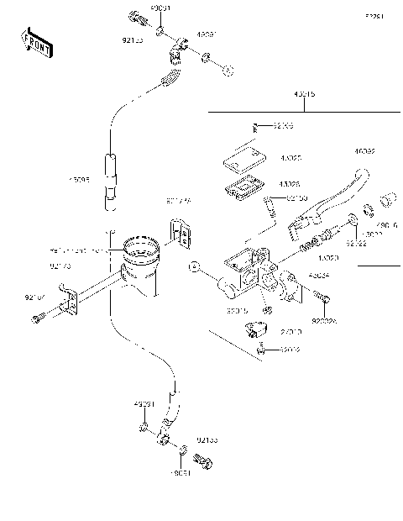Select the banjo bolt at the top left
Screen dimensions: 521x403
136,16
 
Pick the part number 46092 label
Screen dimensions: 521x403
364,152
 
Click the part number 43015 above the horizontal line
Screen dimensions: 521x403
304,95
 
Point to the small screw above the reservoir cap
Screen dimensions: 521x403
259,128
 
